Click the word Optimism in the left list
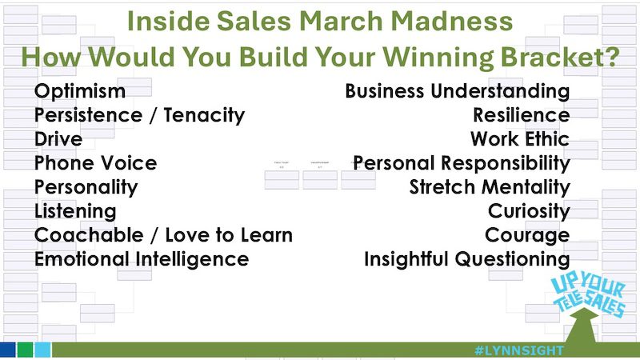[x=80, y=91]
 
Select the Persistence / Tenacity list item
[x=139, y=115]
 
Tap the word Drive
[x=58, y=139]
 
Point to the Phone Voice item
[x=95, y=163]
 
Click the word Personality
[x=86, y=187]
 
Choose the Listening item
[x=75, y=211]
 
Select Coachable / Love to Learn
[x=163, y=235]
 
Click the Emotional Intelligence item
[x=141, y=259]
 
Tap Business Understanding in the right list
[x=457, y=91]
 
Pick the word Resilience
[x=521, y=115]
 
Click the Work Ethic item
[x=519, y=139]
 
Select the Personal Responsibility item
[x=462, y=163]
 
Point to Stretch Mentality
[x=489, y=187]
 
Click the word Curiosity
[x=529, y=211]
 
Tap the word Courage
[x=527, y=235]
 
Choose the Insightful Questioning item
[x=466, y=259]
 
